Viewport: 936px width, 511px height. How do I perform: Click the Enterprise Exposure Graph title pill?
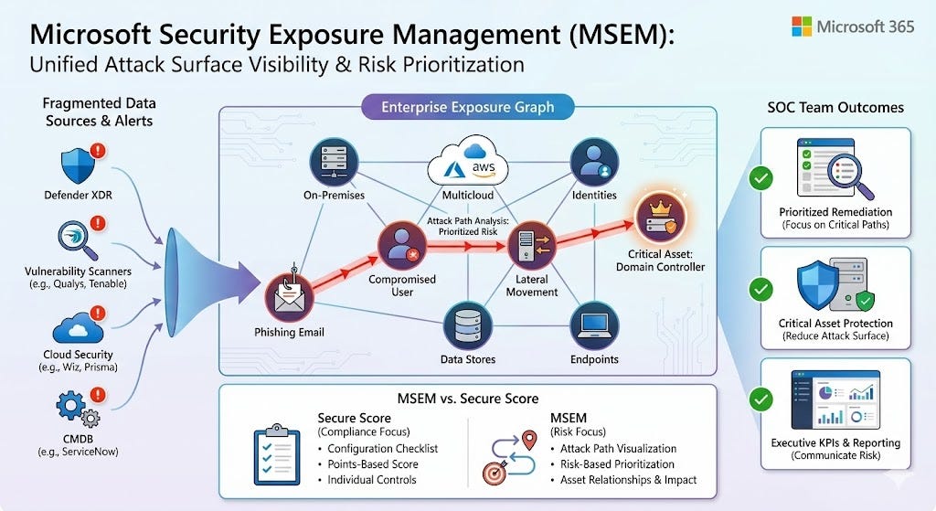click(x=468, y=108)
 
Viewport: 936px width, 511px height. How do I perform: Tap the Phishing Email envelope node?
click(x=290, y=295)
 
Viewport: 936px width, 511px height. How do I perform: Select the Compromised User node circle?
click(x=402, y=247)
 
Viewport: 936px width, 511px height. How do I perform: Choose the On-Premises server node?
click(x=334, y=164)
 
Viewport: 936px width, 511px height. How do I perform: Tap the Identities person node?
click(x=594, y=164)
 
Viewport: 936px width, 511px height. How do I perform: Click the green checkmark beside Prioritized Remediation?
click(x=760, y=177)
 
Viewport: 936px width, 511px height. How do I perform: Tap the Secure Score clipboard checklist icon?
click(x=277, y=455)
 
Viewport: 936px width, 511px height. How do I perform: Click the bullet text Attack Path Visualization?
click(x=617, y=449)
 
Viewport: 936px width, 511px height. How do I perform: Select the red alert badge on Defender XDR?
click(x=99, y=150)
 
